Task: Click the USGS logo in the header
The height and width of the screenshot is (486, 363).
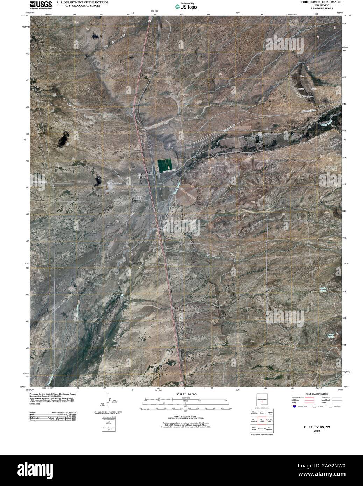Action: (x=41, y=4)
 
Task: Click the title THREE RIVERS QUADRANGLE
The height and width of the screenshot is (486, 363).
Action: (x=319, y=2)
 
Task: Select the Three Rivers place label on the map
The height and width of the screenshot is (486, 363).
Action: (x=141, y=176)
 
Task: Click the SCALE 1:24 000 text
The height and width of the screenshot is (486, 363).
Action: (x=186, y=394)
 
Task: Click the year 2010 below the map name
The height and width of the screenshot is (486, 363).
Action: (x=316, y=431)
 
